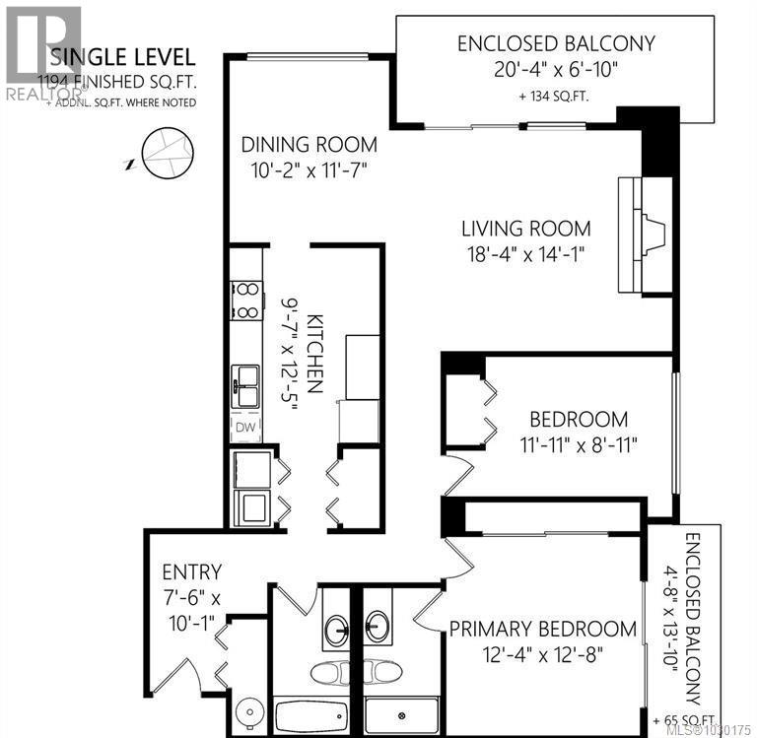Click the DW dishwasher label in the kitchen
244,428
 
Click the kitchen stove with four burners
246,302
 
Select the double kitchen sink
245,385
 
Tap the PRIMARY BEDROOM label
543,629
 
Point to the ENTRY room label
193,571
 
